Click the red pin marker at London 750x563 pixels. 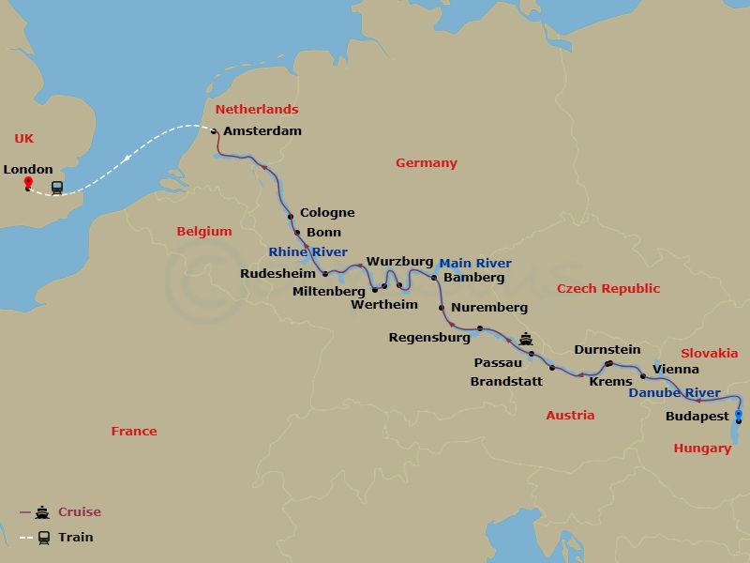pos(27,182)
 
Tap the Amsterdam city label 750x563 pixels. pos(262,131)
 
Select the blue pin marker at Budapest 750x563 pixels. pos(739,414)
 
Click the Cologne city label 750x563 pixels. pos(327,213)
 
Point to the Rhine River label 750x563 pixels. pos(307,252)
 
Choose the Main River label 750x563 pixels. pos(475,264)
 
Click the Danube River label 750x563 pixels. pos(674,393)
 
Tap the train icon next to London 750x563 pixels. pos(57,188)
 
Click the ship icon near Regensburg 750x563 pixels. pos(526,339)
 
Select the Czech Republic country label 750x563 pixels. pos(608,289)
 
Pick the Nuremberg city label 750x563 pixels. pos(488,308)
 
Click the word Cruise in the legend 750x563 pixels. pos(79,512)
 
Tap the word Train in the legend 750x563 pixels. pos(75,538)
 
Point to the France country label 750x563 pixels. pos(134,432)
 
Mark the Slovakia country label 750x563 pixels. pos(709,354)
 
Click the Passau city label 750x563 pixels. pos(498,362)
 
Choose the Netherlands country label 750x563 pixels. pos(257,110)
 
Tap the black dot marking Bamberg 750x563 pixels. pos(434,278)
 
